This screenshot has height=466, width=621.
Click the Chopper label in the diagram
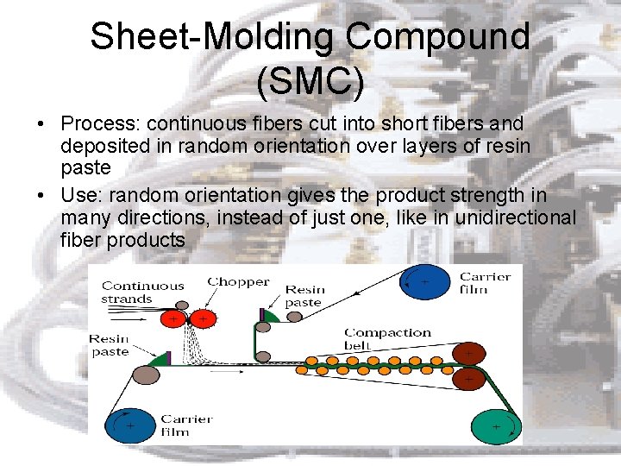(238, 282)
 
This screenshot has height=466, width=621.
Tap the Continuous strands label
(143, 292)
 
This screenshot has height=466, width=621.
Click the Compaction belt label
(387, 338)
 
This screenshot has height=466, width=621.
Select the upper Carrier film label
(485, 282)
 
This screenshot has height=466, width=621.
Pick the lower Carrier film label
(187, 425)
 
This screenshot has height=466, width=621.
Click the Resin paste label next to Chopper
(304, 296)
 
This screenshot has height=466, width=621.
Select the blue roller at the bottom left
(129, 425)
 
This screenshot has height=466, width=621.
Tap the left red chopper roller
(174, 319)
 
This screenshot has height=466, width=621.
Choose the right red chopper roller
(204, 319)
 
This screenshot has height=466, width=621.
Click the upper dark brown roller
(467, 353)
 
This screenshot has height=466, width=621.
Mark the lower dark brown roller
(467, 378)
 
